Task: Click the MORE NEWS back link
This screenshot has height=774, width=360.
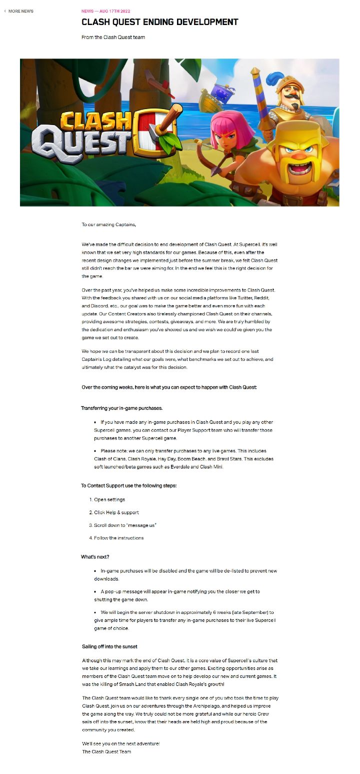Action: [x=20, y=11]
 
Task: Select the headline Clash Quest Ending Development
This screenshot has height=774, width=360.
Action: [x=159, y=22]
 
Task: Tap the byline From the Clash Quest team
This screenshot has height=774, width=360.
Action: [x=113, y=37]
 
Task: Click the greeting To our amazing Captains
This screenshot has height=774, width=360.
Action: [x=108, y=225]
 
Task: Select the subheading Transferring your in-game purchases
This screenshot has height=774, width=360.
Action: [x=121, y=408]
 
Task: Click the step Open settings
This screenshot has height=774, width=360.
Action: [x=109, y=499]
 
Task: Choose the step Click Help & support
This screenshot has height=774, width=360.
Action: [x=116, y=512]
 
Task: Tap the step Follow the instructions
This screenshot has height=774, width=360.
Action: [x=118, y=538]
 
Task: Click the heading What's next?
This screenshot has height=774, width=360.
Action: [x=95, y=557]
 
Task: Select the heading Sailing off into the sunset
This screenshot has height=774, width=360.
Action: [x=109, y=646]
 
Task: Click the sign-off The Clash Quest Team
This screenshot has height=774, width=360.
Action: [x=106, y=751]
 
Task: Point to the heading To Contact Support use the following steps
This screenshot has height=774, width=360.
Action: [x=128, y=486]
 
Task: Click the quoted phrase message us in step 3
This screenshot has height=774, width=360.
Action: [x=141, y=525]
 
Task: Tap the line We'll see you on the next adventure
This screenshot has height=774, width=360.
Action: [x=120, y=743]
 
